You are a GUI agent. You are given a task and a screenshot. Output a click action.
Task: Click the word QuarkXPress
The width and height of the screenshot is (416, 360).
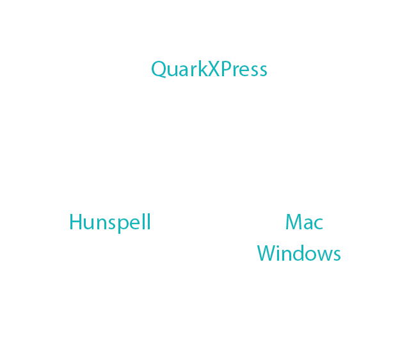pyautogui.click(x=209, y=69)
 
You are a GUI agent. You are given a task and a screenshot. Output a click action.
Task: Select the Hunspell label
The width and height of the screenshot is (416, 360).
pyautogui.click(x=109, y=222)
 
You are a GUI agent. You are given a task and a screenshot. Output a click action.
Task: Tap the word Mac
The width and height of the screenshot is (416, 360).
pyautogui.click(x=304, y=222)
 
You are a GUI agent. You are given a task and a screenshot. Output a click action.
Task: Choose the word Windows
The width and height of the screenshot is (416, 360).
pyautogui.click(x=299, y=253)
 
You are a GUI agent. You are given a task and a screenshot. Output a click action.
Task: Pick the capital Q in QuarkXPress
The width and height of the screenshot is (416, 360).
pyautogui.click(x=159, y=69)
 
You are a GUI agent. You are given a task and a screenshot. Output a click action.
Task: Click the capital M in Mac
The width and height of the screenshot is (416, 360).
pyautogui.click(x=294, y=222)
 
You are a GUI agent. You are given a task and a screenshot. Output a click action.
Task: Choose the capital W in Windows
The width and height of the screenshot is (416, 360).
pyautogui.click(x=268, y=253)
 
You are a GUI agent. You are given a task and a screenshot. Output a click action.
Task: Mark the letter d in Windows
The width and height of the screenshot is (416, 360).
pyautogui.click(x=305, y=253)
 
